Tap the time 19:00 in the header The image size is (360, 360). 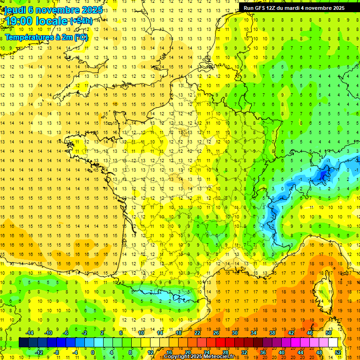click(19, 21)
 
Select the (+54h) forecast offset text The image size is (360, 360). click(81, 21)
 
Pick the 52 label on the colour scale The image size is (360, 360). click(338, 352)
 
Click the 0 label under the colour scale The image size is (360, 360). click(92, 352)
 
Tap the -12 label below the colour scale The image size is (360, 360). click(38, 352)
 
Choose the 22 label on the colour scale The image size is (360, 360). click(197, 333)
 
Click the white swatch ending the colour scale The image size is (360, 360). click(333, 343)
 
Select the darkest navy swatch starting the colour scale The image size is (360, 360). click(23, 343)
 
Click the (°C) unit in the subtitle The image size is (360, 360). click(80, 37)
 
